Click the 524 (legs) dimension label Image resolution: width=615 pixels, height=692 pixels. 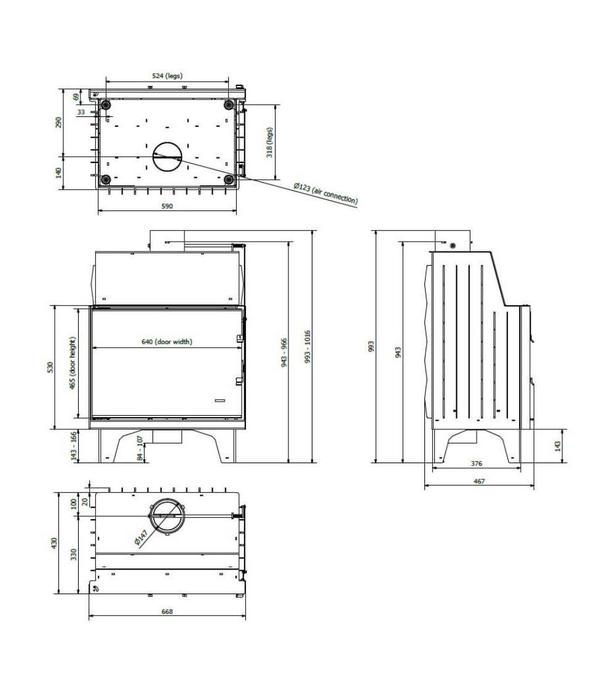click(x=167, y=76)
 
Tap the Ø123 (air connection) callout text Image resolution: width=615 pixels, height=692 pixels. click(x=325, y=194)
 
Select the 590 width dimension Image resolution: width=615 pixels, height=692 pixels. click(x=167, y=206)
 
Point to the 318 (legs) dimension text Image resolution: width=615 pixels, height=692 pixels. click(x=269, y=143)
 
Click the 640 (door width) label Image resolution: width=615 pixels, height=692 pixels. click(x=167, y=341)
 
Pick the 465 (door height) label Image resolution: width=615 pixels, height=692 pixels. click(x=73, y=363)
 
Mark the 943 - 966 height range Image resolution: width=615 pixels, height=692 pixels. click(x=284, y=352)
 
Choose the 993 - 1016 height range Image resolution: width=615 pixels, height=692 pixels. click(x=307, y=346)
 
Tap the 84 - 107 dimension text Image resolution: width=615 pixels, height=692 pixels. click(x=140, y=448)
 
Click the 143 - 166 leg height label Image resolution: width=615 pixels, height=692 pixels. click(x=74, y=446)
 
